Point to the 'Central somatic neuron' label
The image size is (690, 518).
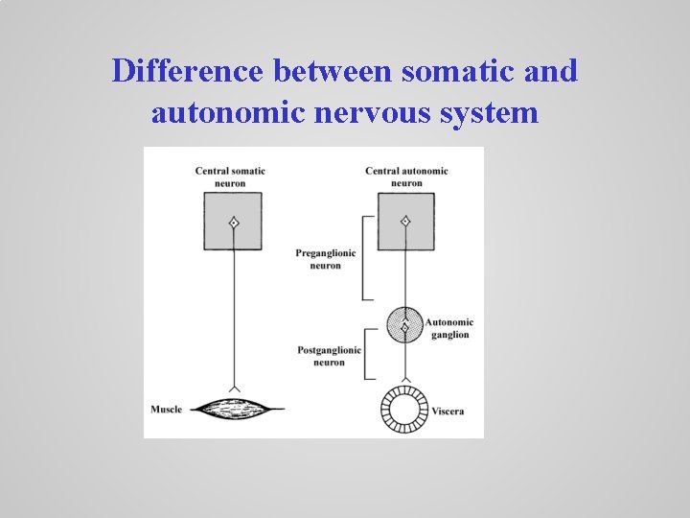pyautogui.click(x=230, y=177)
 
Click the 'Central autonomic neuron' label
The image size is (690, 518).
pyautogui.click(x=406, y=177)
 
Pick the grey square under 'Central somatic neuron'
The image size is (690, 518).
pyautogui.click(x=232, y=222)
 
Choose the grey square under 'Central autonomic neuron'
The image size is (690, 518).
pyautogui.click(x=405, y=222)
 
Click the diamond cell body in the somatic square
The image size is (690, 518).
pyautogui.click(x=232, y=223)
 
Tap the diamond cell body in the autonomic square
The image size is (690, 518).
pyautogui.click(x=405, y=222)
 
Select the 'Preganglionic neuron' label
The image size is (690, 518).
pyautogui.click(x=326, y=259)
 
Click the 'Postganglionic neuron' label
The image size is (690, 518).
pyautogui.click(x=329, y=356)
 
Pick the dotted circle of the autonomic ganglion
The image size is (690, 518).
pyautogui.click(x=405, y=327)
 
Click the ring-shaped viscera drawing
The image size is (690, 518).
pyautogui.click(x=405, y=410)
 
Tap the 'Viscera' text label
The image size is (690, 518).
pyautogui.click(x=448, y=412)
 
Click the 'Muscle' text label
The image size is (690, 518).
pyautogui.click(x=166, y=410)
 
